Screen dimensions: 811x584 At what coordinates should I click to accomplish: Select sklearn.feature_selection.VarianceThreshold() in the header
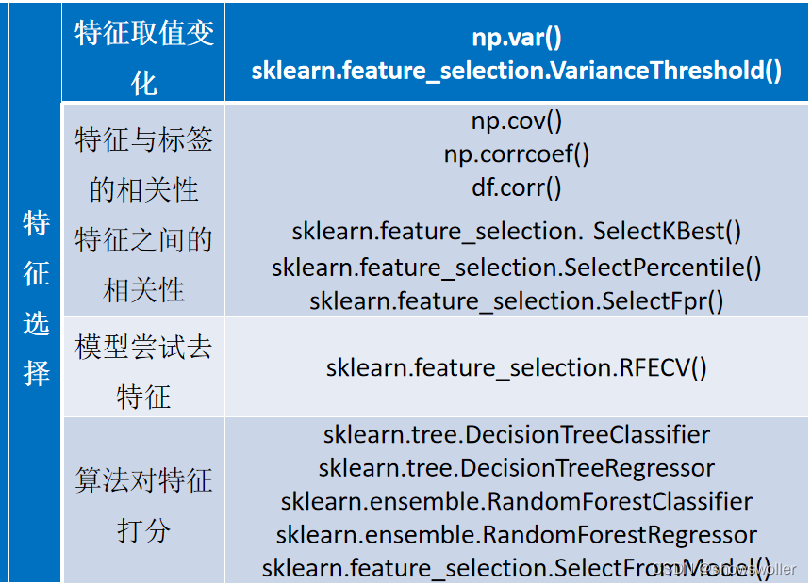(516, 71)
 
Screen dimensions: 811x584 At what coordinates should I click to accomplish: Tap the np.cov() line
(516, 122)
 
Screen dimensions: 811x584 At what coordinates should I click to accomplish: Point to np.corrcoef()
(516, 154)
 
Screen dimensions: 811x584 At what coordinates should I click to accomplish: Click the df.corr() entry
(516, 187)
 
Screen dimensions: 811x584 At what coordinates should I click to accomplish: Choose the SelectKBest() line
(516, 231)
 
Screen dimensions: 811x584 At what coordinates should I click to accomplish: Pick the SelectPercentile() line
(516, 267)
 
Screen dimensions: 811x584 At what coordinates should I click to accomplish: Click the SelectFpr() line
(516, 300)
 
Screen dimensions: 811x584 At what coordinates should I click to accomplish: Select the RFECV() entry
(516, 367)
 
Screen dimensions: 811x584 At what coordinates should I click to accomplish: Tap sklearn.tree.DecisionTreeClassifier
(516, 434)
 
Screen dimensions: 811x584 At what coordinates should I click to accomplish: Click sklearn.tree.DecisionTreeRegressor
(516, 467)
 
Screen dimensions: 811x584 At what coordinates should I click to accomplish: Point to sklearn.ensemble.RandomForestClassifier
(516, 501)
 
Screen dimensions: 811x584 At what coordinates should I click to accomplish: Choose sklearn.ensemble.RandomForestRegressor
(516, 535)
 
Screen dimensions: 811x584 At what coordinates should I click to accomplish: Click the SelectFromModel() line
(516, 567)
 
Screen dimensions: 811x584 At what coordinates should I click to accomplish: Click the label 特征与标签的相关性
(144, 165)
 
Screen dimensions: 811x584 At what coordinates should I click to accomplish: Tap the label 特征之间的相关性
(144, 265)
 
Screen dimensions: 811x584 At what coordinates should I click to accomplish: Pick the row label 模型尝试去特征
(144, 372)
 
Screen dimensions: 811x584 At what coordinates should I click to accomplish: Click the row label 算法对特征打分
(144, 505)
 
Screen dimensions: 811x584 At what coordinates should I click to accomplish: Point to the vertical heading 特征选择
(36, 299)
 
